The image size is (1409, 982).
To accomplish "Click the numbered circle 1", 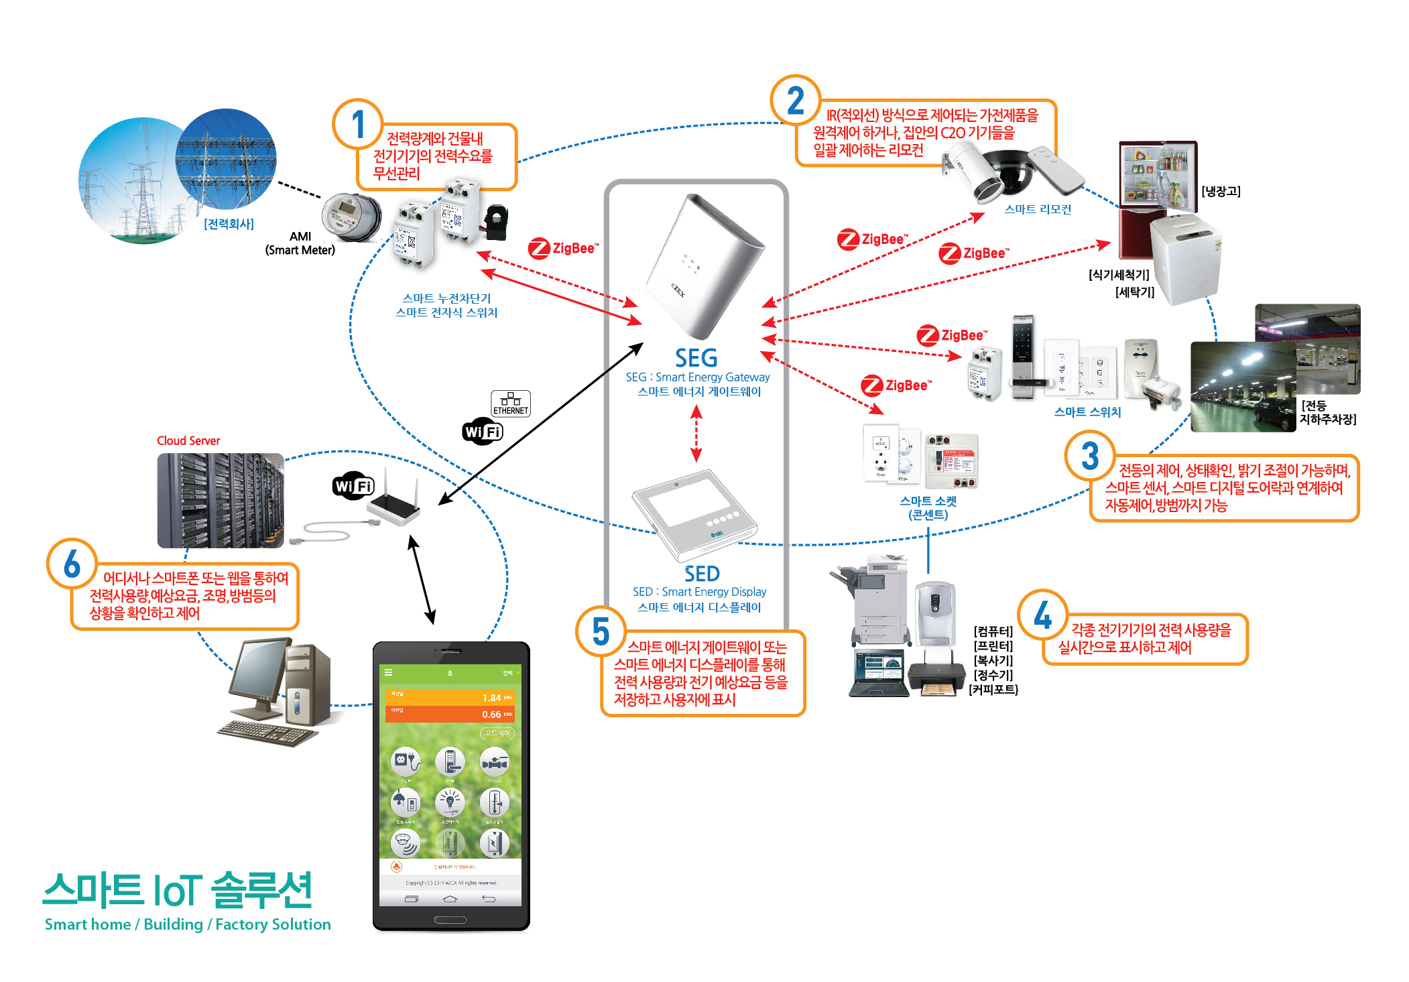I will click(358, 124).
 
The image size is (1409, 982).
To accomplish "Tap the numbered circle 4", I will click(1042, 615).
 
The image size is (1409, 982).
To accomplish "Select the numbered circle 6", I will click(72, 563).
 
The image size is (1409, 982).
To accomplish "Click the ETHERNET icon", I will click(511, 403).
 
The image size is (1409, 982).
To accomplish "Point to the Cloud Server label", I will click(188, 440).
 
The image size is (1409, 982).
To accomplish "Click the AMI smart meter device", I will click(351, 217).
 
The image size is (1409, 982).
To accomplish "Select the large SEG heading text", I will click(696, 358).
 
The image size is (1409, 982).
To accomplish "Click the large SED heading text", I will click(702, 574).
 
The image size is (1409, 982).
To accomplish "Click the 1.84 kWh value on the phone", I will click(492, 698).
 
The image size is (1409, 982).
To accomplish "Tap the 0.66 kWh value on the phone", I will click(492, 715).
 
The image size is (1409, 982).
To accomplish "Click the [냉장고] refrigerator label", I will click(1221, 191).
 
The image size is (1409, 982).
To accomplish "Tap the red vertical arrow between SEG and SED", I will click(696, 434).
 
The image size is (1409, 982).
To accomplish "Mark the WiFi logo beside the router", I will click(353, 485).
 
